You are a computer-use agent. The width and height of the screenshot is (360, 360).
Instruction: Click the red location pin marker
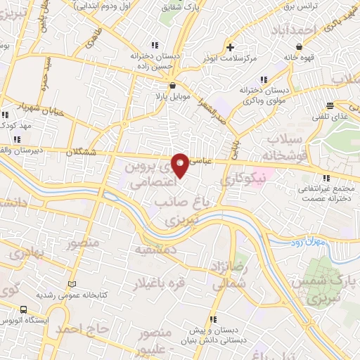coord(181,165)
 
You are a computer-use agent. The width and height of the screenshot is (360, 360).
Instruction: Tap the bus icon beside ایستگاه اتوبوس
coord(24,309)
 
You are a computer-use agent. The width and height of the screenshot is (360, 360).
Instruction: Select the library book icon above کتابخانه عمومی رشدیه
coord(70,284)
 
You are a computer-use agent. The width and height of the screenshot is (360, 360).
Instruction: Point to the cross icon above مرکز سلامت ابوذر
coord(230,48)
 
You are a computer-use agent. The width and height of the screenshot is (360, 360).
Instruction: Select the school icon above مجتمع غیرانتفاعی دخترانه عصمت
coord(324,178)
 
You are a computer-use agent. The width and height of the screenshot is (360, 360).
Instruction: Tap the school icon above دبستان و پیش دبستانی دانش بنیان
coord(212,318)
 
